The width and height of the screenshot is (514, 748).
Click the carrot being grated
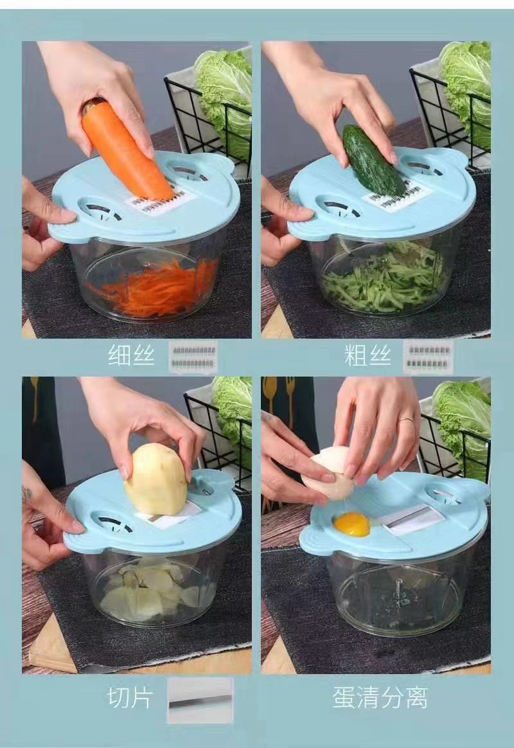[126, 149]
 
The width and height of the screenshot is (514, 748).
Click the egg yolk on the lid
[351, 524]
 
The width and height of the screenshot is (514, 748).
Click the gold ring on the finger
[407, 420]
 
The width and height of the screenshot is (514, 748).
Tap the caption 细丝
[132, 355]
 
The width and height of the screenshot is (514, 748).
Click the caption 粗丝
[368, 355]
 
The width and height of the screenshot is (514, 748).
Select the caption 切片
[130, 697]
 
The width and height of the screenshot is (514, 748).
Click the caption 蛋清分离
[380, 697]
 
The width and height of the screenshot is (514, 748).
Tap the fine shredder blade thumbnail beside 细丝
[193, 357]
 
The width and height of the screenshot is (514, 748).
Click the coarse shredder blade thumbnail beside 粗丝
[428, 357]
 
